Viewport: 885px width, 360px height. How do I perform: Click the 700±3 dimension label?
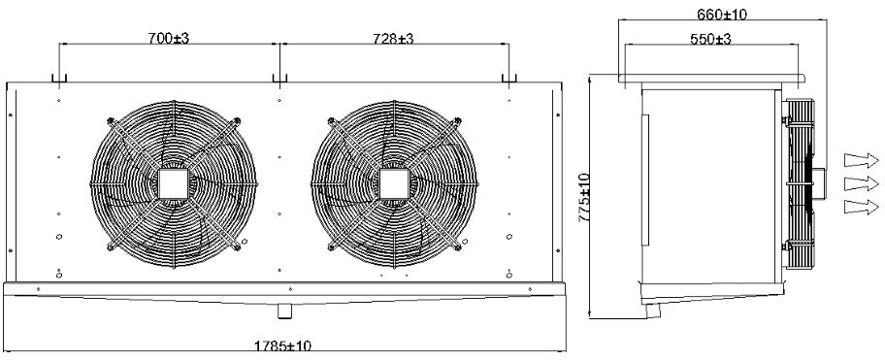click(x=168, y=39)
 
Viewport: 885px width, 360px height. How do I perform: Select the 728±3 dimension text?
click(x=393, y=39)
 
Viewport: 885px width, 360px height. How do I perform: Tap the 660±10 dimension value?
click(x=722, y=15)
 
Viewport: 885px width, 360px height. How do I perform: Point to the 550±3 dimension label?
click(x=710, y=39)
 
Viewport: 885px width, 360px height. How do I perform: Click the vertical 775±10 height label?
click(x=584, y=198)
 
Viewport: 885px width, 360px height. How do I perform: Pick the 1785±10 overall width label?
click(x=282, y=345)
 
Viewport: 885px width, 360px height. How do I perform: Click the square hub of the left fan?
click(x=173, y=184)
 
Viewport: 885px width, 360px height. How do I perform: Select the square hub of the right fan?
click(x=393, y=184)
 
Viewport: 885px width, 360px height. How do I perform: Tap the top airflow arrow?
click(x=862, y=160)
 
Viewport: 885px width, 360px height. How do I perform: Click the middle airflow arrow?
click(x=862, y=183)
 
